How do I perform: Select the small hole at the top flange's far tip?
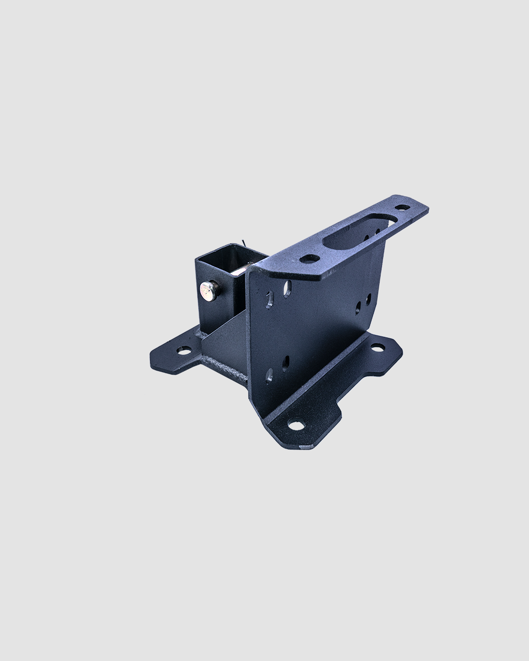point(403,208)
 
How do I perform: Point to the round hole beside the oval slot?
point(307,259)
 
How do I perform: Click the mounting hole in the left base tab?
point(185,351)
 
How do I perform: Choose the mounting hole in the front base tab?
point(295,425)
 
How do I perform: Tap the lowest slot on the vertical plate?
point(269,377)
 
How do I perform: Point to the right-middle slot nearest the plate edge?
point(369,299)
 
